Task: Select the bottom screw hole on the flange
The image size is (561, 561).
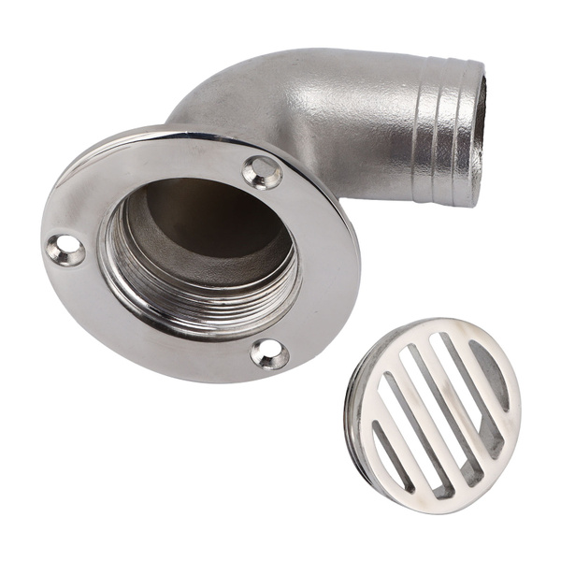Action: (270, 353)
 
